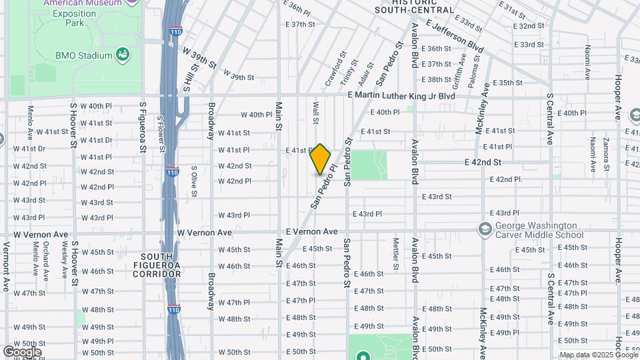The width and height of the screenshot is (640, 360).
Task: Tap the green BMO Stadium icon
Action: pos(122,54)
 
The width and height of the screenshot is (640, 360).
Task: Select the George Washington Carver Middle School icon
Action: pos(485,229)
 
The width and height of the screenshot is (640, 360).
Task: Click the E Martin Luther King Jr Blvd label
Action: pos(401,96)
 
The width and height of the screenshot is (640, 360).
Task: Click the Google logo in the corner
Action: pos(22,351)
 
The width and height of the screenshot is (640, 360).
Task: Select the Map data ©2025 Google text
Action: pos(598,355)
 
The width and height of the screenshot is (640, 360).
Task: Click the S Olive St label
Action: pos(193,182)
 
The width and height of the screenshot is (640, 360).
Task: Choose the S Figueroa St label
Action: pos(142,127)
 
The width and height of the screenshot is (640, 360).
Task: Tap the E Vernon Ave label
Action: pos(311,231)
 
